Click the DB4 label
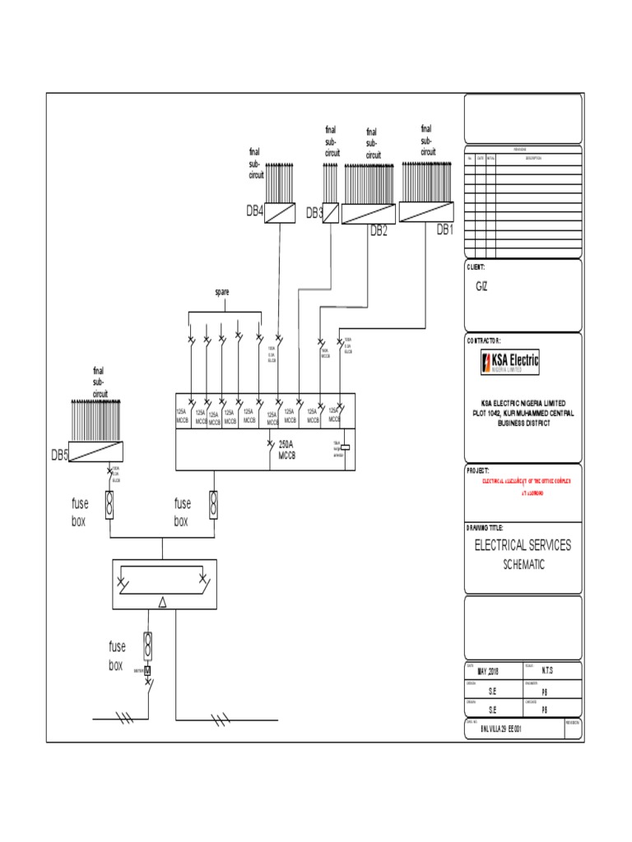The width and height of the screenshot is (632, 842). (x=254, y=211)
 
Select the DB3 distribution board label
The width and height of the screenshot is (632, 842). (x=314, y=214)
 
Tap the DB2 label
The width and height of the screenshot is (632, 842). (x=378, y=230)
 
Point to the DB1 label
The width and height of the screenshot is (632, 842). (x=444, y=230)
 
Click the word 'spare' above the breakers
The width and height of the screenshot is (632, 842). (x=222, y=292)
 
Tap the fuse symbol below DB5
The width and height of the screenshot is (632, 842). (x=109, y=503)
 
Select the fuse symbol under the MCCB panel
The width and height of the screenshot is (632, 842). (x=213, y=503)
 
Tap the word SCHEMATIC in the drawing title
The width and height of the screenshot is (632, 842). (x=523, y=565)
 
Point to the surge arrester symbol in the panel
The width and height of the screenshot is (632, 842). (x=346, y=447)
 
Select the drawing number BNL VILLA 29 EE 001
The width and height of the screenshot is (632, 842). (x=500, y=729)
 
